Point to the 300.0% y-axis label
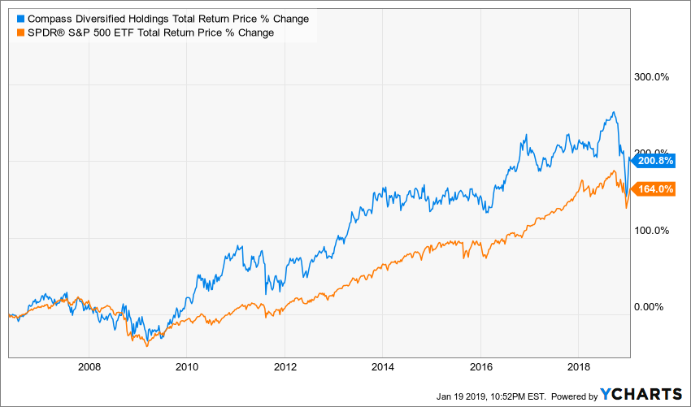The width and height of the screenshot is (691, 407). point(650,77)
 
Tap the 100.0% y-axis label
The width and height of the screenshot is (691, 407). point(650,231)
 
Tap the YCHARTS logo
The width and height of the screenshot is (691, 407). point(641,394)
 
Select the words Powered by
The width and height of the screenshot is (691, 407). point(574,396)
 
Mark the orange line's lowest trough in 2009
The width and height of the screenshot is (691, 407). point(146,346)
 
